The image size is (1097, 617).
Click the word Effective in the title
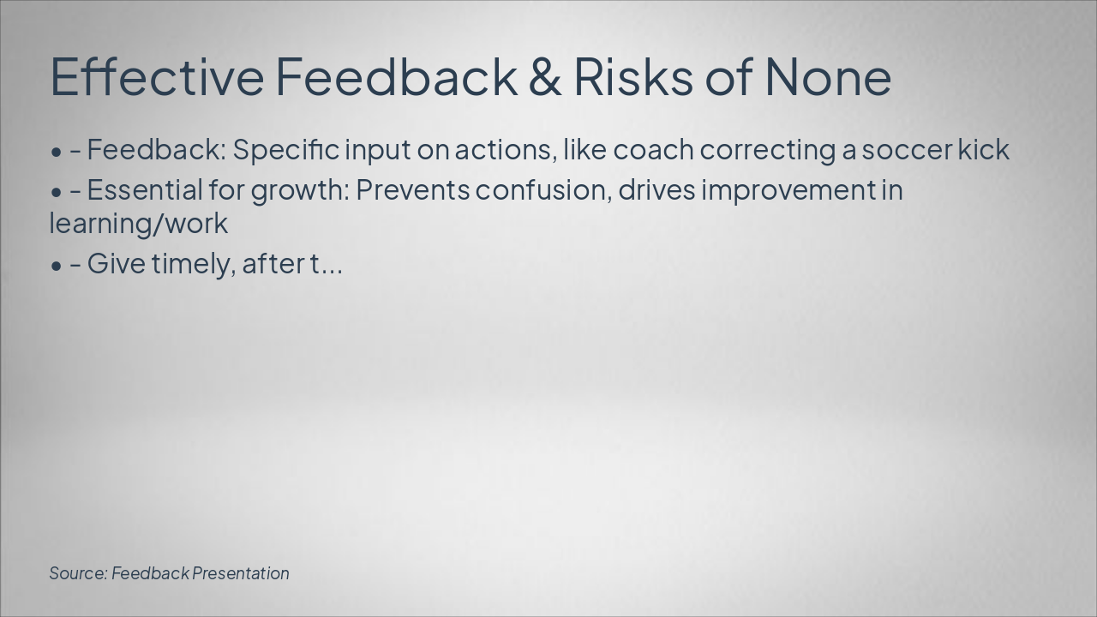click(x=157, y=76)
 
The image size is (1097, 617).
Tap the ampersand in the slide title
click(x=544, y=77)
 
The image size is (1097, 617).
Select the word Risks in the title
click(x=633, y=76)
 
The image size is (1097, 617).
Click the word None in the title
click(x=828, y=77)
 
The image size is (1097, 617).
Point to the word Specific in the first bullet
click(x=286, y=150)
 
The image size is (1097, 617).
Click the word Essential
click(x=145, y=190)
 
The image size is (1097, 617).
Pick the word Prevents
click(x=413, y=190)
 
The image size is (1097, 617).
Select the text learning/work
click(x=139, y=225)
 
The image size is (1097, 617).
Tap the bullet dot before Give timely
click(x=57, y=266)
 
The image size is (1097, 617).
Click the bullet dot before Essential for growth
click(x=57, y=193)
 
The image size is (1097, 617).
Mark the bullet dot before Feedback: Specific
click(x=57, y=153)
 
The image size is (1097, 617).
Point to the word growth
click(x=300, y=191)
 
